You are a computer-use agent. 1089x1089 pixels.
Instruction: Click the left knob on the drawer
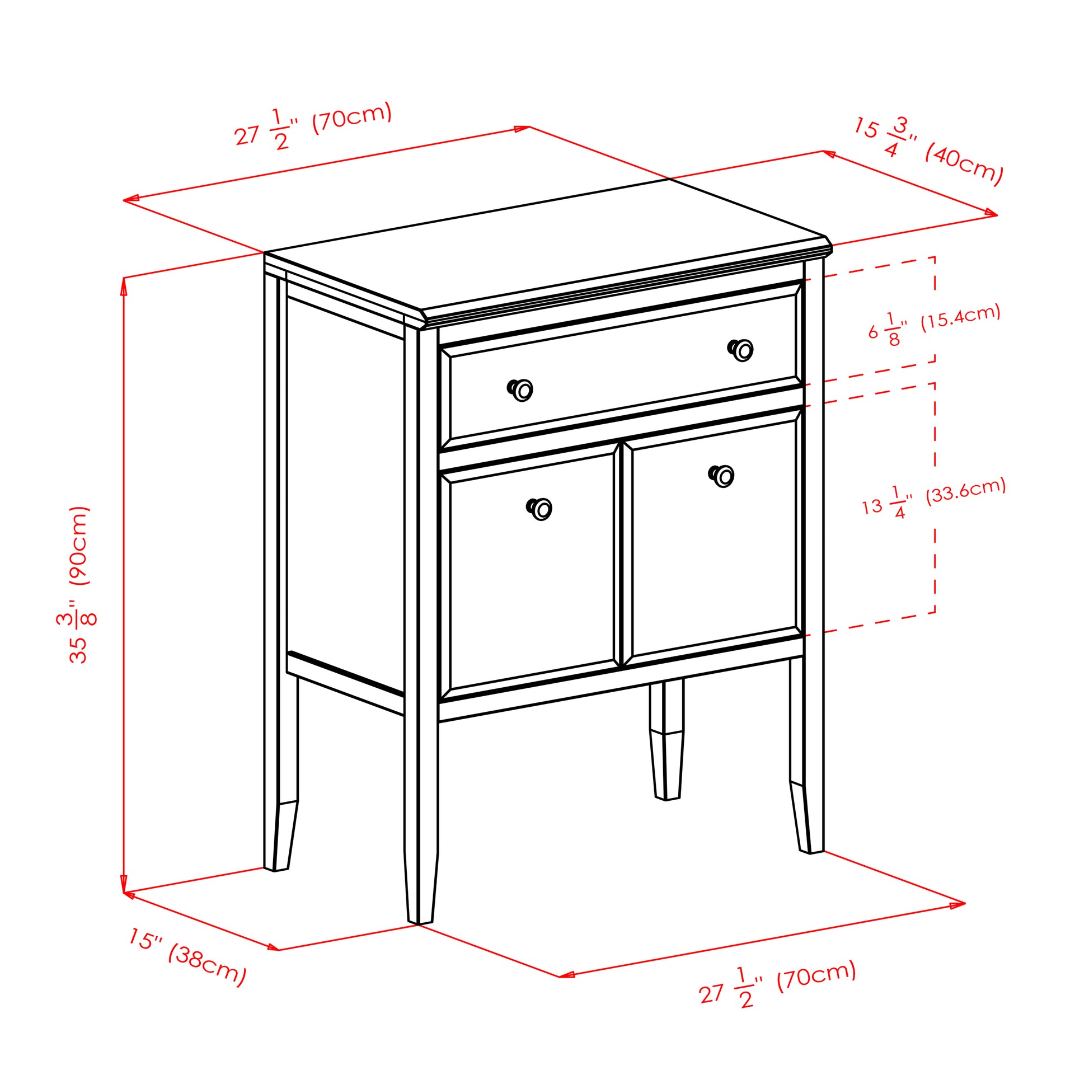click(520, 389)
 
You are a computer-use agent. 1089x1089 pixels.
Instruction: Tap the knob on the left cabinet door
click(539, 509)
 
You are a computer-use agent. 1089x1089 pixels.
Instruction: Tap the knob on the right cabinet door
click(721, 476)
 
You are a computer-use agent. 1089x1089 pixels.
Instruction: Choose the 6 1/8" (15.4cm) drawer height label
click(934, 324)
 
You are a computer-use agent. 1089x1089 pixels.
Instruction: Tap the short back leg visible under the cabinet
click(667, 739)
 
